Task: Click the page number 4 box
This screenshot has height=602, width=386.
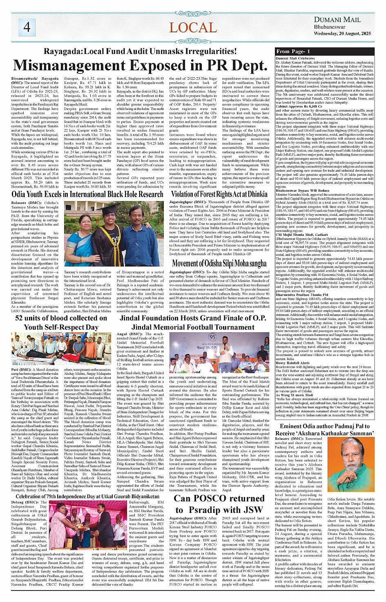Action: [27, 27]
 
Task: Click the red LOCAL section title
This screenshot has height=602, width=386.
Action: [193, 28]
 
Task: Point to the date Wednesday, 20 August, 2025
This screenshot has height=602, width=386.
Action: [342, 34]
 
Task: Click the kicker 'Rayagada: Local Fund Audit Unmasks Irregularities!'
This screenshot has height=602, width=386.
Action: [140, 51]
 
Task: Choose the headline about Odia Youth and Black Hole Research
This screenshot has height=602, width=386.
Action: [87, 194]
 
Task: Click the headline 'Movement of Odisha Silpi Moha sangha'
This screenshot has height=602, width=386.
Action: [219, 264]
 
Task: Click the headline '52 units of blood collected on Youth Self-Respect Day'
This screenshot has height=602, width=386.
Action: [61, 322]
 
